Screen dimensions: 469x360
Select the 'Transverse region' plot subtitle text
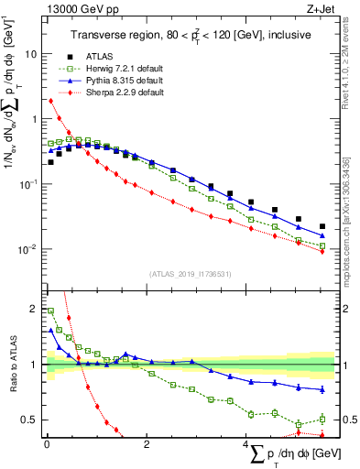point(191,35)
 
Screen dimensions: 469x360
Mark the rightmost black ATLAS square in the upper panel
point(322,226)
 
